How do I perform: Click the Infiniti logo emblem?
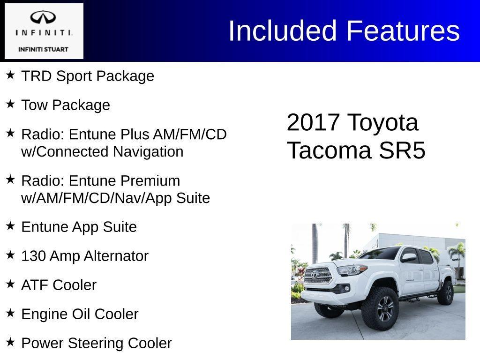click(x=43, y=18)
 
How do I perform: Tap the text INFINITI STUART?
click(x=43, y=49)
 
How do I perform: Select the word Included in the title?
click(x=283, y=31)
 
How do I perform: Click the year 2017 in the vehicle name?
click(x=313, y=122)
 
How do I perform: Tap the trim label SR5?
click(x=402, y=151)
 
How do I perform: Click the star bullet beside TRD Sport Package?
click(x=10, y=75)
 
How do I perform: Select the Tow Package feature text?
click(x=66, y=105)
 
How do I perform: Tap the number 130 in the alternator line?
click(x=33, y=256)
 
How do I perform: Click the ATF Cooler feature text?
click(x=59, y=285)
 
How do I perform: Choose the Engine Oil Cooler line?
click(x=80, y=314)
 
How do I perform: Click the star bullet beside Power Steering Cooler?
click(x=10, y=342)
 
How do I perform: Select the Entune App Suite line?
click(x=79, y=227)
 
